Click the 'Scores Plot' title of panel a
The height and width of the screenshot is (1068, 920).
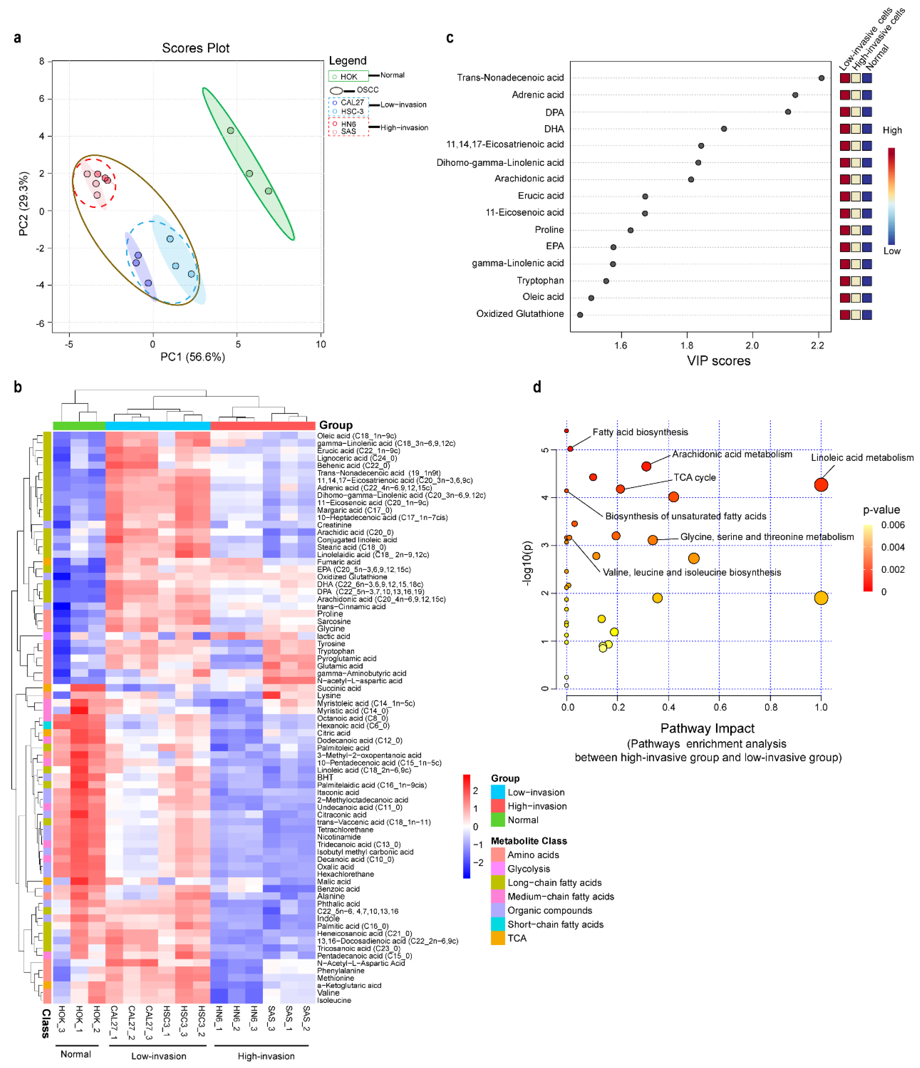click(x=195, y=48)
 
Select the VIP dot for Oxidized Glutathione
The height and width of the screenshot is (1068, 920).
click(x=580, y=314)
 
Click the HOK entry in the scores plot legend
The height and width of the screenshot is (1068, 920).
click(x=348, y=77)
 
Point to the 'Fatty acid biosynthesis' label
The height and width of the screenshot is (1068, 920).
click(x=640, y=432)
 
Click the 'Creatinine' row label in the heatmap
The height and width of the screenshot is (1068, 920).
click(x=334, y=525)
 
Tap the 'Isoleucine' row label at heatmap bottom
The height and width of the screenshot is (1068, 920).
click(x=334, y=1000)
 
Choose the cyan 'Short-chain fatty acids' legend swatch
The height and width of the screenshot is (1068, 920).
click(x=497, y=924)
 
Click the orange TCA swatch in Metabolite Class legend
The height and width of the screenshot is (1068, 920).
click(x=497, y=938)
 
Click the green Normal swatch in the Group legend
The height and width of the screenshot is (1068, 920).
click(x=497, y=820)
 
